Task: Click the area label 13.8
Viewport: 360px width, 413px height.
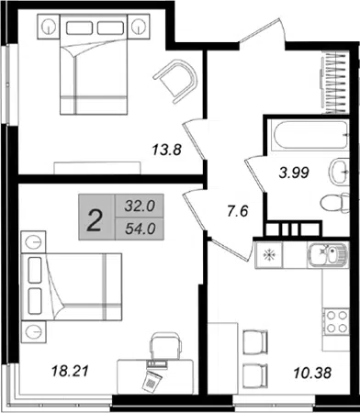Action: pos(167,151)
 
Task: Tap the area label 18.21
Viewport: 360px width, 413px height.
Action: pos(70,371)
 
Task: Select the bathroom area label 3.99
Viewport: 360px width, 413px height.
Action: pos(294,173)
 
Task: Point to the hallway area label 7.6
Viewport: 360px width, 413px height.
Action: pos(238,211)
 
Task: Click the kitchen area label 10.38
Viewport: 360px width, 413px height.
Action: pos(312,373)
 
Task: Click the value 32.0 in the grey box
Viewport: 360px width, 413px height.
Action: pos(140,206)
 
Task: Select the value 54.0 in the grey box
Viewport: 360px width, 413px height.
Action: pos(141,229)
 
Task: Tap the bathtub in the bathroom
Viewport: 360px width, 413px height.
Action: pos(309,136)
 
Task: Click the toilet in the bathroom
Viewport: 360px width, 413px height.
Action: pos(335,203)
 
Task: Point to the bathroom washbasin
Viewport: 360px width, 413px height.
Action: pos(339,172)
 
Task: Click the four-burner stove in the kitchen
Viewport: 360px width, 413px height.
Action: pos(337,321)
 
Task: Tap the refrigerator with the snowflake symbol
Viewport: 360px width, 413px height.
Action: pos(269,255)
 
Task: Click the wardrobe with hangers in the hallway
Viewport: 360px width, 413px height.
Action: pos(334,84)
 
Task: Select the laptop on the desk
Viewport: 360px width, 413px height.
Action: pos(157,363)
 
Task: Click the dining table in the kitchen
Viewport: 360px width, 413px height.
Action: pos(223,358)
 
